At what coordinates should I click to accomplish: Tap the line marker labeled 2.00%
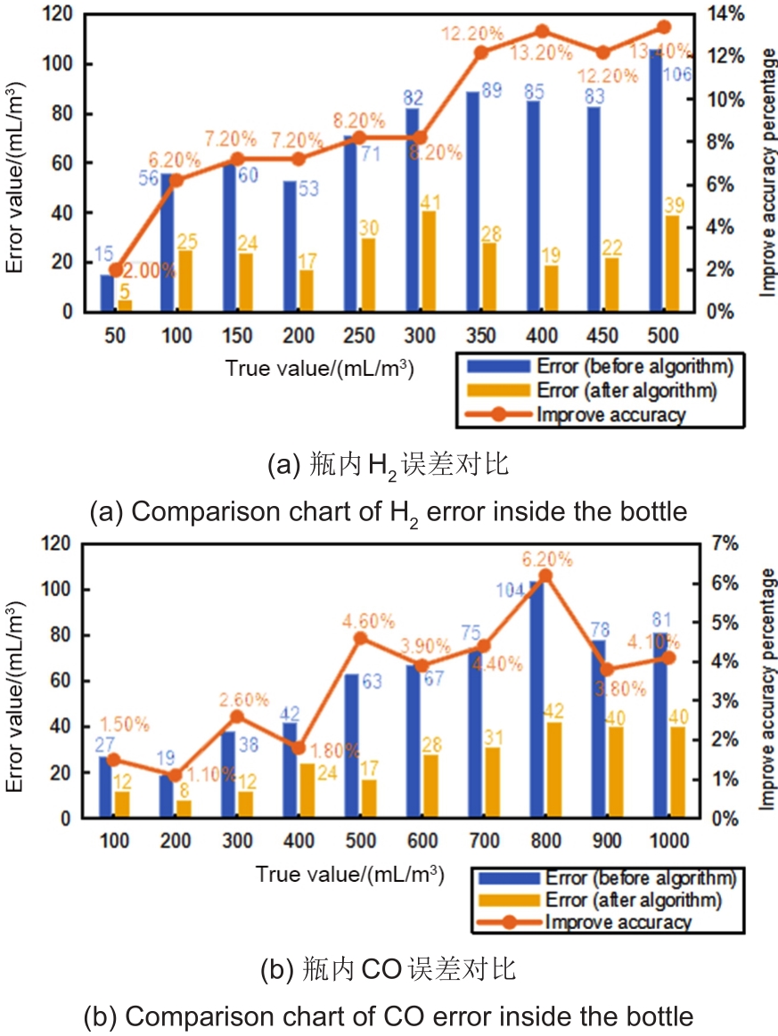[x=115, y=269]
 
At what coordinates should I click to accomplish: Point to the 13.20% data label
[x=542, y=53]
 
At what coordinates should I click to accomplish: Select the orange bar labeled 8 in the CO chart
[x=183, y=809]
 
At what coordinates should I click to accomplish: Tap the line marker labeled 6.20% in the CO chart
[x=546, y=575]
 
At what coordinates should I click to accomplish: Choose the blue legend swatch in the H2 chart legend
[x=495, y=366]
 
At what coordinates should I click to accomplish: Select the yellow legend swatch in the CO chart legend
[x=505, y=900]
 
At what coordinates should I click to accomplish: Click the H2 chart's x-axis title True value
[x=318, y=368]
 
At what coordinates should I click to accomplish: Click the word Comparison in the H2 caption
[x=193, y=512]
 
